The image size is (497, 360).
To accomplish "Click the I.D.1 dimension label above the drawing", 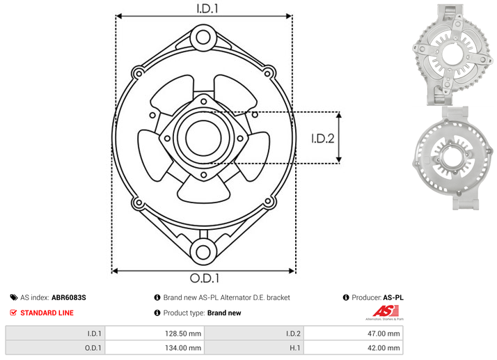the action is [207, 8].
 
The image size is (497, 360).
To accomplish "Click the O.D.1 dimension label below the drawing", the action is [205, 278].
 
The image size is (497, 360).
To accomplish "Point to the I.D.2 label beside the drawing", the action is [323, 139].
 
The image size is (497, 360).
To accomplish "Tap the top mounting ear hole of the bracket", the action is [203, 38].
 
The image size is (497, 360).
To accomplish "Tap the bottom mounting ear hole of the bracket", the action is [203, 253].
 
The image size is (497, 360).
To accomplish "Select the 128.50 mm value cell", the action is [155, 334].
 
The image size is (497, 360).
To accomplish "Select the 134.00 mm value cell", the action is [155, 348].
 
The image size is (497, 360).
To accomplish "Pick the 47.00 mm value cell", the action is [354, 334].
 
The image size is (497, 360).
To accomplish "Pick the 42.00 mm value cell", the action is [354, 348].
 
